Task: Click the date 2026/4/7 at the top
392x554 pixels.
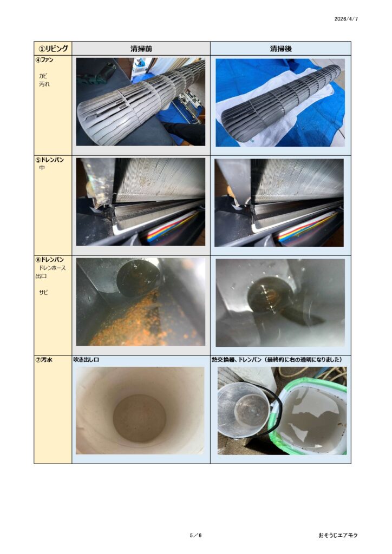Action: coord(346,19)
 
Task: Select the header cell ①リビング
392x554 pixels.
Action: coord(53,48)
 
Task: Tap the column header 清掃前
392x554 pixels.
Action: coord(141,49)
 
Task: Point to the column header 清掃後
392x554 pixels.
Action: coord(280,49)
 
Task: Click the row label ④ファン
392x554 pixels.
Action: coord(44,60)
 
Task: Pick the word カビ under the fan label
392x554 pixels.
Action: coord(43,76)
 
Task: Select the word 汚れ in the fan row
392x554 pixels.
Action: coord(44,84)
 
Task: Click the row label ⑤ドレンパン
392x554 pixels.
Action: coord(50,160)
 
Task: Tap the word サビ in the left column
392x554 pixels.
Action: coord(43,293)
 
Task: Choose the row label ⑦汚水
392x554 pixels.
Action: coord(44,360)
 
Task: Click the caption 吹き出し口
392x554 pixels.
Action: coord(86,360)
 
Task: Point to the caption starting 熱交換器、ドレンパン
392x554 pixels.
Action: coord(277,360)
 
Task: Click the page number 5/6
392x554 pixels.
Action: coord(195,535)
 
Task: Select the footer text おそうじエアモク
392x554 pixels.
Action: coord(338,535)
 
